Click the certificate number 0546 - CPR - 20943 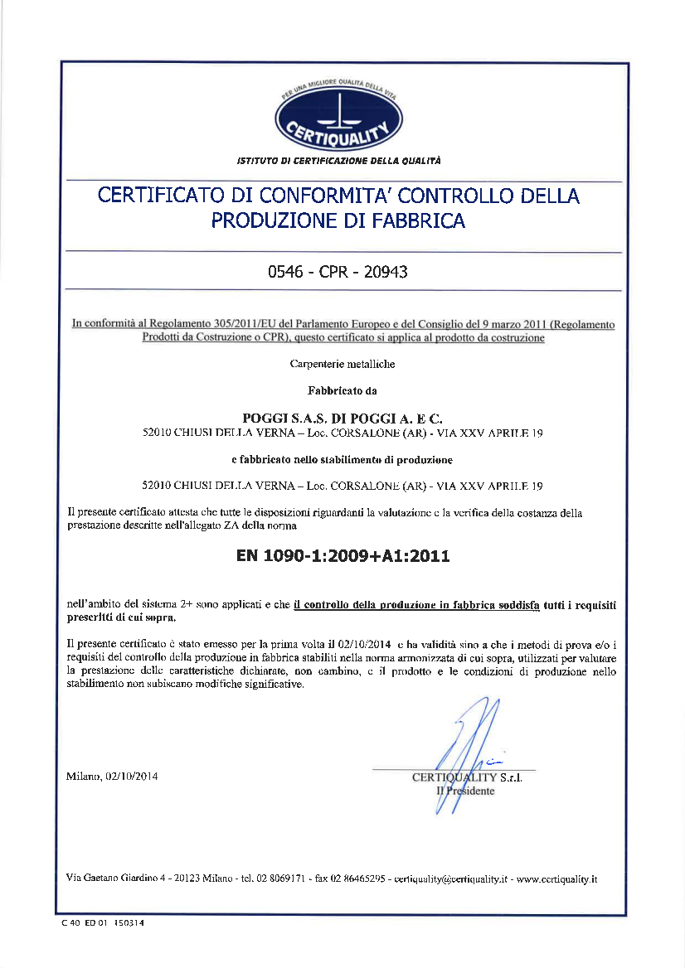coord(338,272)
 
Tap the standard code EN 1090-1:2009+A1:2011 coord(342,556)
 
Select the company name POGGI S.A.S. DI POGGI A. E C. coord(342,418)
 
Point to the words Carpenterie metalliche coord(342,364)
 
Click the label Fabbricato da coord(342,390)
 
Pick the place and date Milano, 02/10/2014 coord(112,777)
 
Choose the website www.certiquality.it coord(557,878)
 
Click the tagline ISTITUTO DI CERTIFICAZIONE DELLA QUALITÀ coord(339,160)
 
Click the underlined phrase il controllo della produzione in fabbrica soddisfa coord(417,605)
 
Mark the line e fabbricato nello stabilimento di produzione coord(342,458)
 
